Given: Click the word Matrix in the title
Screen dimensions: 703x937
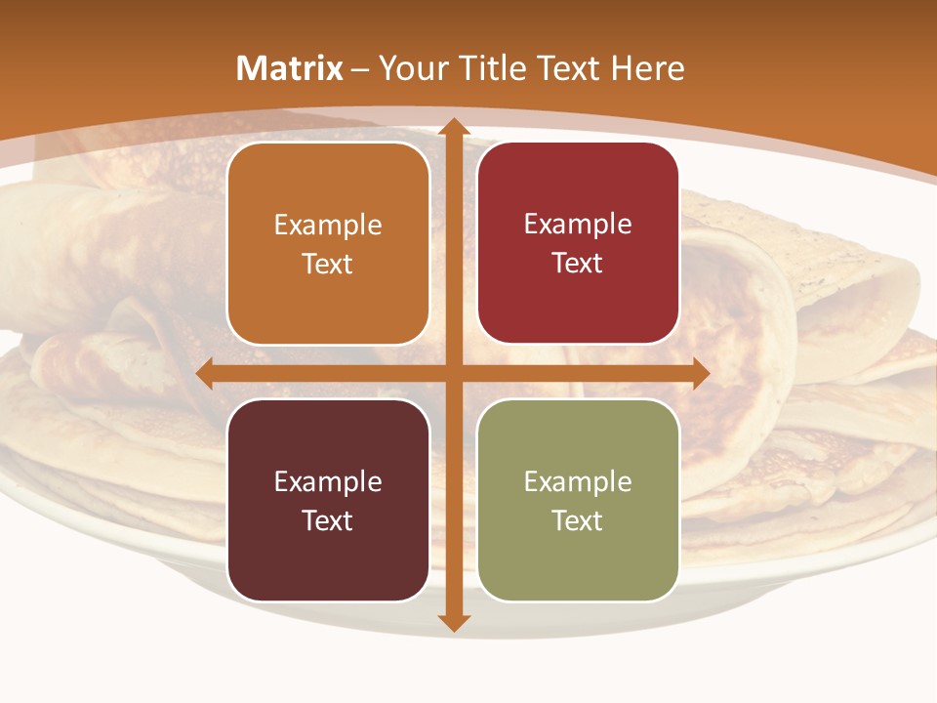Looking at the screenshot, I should [290, 68].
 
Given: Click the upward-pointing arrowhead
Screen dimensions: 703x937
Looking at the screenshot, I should [454, 126].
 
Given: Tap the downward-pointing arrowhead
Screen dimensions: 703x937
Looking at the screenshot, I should [454, 623].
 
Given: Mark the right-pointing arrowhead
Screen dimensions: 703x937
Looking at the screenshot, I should [700, 374].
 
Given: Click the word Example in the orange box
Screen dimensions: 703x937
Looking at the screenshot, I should [328, 226].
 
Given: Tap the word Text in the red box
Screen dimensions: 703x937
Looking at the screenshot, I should [578, 264].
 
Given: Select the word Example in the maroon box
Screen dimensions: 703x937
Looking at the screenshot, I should [328, 481].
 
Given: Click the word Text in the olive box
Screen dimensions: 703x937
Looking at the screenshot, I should [578, 520].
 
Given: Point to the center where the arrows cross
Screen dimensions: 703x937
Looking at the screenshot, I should [454, 374].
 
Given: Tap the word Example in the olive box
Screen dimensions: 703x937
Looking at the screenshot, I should [578, 481].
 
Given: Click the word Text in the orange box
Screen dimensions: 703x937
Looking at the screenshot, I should [328, 265].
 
